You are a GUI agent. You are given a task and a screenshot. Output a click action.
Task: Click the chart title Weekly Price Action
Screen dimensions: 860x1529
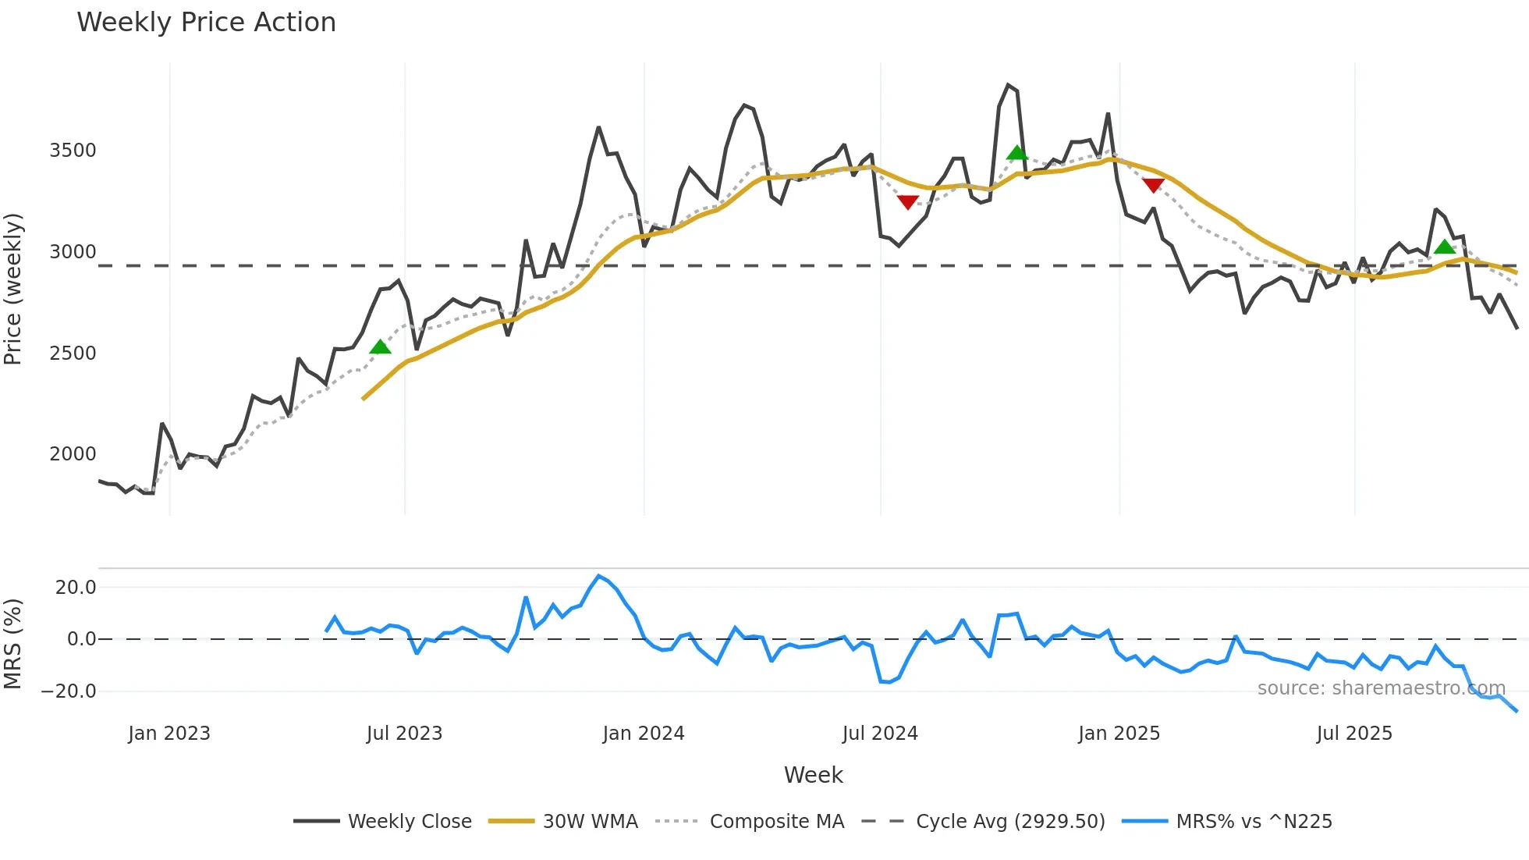pyautogui.click(x=206, y=23)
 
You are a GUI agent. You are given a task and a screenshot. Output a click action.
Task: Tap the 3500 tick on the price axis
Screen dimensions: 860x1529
pyautogui.click(x=73, y=151)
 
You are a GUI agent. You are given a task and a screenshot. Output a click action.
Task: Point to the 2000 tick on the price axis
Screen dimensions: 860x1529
pyautogui.click(x=73, y=454)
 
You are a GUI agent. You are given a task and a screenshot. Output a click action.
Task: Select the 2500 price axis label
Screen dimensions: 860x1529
pyautogui.click(x=73, y=354)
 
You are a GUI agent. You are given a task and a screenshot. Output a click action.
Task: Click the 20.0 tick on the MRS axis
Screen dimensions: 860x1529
pyautogui.click(x=76, y=588)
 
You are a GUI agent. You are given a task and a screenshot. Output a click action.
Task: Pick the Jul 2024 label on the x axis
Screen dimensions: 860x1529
pyautogui.click(x=880, y=734)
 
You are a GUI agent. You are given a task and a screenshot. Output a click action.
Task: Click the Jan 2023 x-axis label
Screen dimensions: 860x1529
pyautogui.click(x=169, y=734)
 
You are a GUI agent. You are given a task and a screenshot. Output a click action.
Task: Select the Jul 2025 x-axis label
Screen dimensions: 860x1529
pyautogui.click(x=1354, y=734)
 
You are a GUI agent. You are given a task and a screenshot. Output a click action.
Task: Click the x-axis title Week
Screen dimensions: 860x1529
pyautogui.click(x=813, y=775)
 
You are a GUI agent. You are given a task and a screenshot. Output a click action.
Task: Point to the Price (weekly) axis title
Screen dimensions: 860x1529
pyautogui.click(x=13, y=289)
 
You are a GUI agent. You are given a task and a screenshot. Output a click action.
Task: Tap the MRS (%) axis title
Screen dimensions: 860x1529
pyautogui.click(x=13, y=644)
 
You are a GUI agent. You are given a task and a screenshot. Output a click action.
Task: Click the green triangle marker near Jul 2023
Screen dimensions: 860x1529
pyautogui.click(x=380, y=347)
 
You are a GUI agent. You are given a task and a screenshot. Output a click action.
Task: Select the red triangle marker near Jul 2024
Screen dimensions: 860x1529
pyautogui.click(x=907, y=202)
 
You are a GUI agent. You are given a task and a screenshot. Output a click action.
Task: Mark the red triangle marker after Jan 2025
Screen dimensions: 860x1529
pyautogui.click(x=1154, y=185)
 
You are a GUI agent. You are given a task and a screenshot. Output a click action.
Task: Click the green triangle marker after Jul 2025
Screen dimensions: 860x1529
pyautogui.click(x=1445, y=247)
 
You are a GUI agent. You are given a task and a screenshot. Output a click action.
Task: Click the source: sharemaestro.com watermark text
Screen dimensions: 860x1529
pyautogui.click(x=1381, y=688)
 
